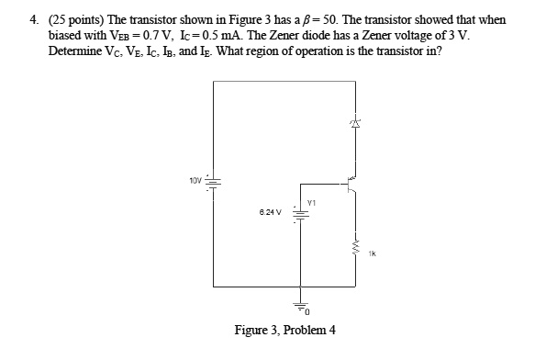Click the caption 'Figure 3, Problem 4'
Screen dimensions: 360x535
point(285,330)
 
